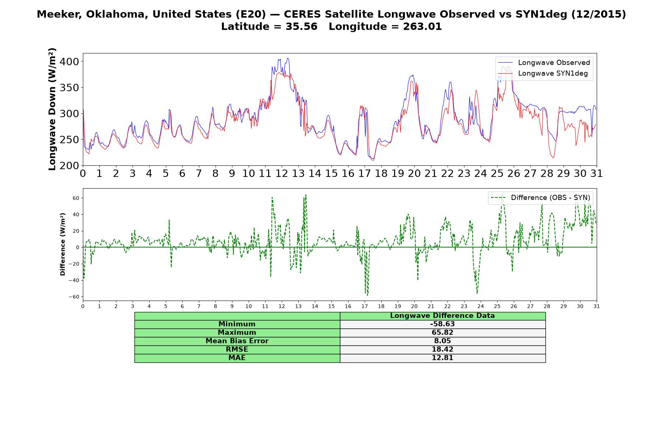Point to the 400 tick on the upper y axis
pos(70,62)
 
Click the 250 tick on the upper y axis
pos(70,140)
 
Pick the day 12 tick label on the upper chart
pos(282,173)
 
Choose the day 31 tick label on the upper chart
pos(597,173)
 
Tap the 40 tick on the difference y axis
pos(76,214)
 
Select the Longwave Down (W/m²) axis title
pos(52,109)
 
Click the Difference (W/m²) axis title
pos(63,244)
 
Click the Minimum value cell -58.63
pos(442,324)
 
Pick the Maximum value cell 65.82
pos(442,333)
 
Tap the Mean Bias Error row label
pos(237,341)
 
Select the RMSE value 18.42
pos(442,350)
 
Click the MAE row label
pos(237,358)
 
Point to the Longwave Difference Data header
pos(442,316)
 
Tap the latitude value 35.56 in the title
pos(301,27)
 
